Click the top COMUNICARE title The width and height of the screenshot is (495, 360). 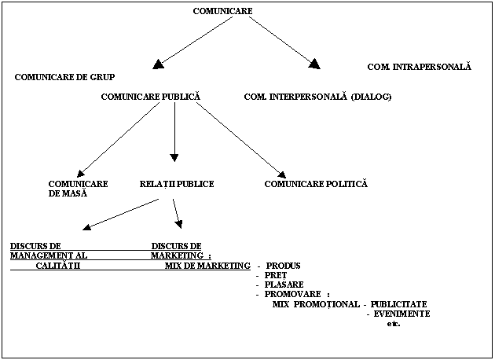(x=222, y=10)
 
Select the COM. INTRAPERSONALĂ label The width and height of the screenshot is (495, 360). (x=419, y=67)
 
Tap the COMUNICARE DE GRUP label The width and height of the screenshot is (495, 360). (x=64, y=77)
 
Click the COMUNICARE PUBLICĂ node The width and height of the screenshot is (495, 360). (x=151, y=97)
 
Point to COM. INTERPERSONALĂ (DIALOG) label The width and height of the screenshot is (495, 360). (x=317, y=97)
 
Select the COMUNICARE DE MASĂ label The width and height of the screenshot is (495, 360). (x=78, y=189)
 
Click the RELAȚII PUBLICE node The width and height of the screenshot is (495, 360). (x=176, y=184)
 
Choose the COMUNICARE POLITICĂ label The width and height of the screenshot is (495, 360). (x=316, y=184)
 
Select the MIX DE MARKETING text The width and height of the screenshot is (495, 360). (x=207, y=266)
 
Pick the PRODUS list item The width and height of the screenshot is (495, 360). (x=283, y=266)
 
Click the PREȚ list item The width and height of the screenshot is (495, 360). (x=276, y=275)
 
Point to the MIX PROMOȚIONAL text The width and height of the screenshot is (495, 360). (x=314, y=304)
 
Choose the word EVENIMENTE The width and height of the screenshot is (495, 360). (x=401, y=314)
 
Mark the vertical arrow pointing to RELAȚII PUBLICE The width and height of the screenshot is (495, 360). (x=174, y=134)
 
